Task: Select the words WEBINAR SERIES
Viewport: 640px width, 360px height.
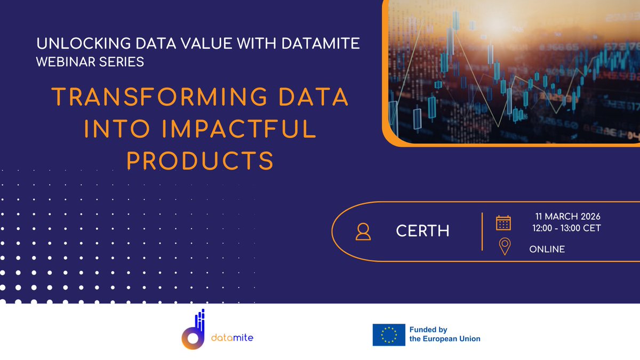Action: pyautogui.click(x=90, y=62)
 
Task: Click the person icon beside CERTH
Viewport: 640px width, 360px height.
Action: pyautogui.click(x=363, y=231)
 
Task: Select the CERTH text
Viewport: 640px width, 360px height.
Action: pyautogui.click(x=422, y=231)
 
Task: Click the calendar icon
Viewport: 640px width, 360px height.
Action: pyautogui.click(x=503, y=222)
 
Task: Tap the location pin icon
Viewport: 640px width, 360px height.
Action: pyautogui.click(x=504, y=247)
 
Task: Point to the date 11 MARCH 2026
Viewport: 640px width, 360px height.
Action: pyautogui.click(x=568, y=217)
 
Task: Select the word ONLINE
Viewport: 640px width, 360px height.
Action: pyautogui.click(x=547, y=249)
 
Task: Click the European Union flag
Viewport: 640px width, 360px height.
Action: pyautogui.click(x=388, y=334)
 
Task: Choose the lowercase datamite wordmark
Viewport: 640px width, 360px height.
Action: pyautogui.click(x=233, y=338)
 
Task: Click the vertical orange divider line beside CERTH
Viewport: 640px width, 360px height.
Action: pyautogui.click(x=482, y=231)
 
